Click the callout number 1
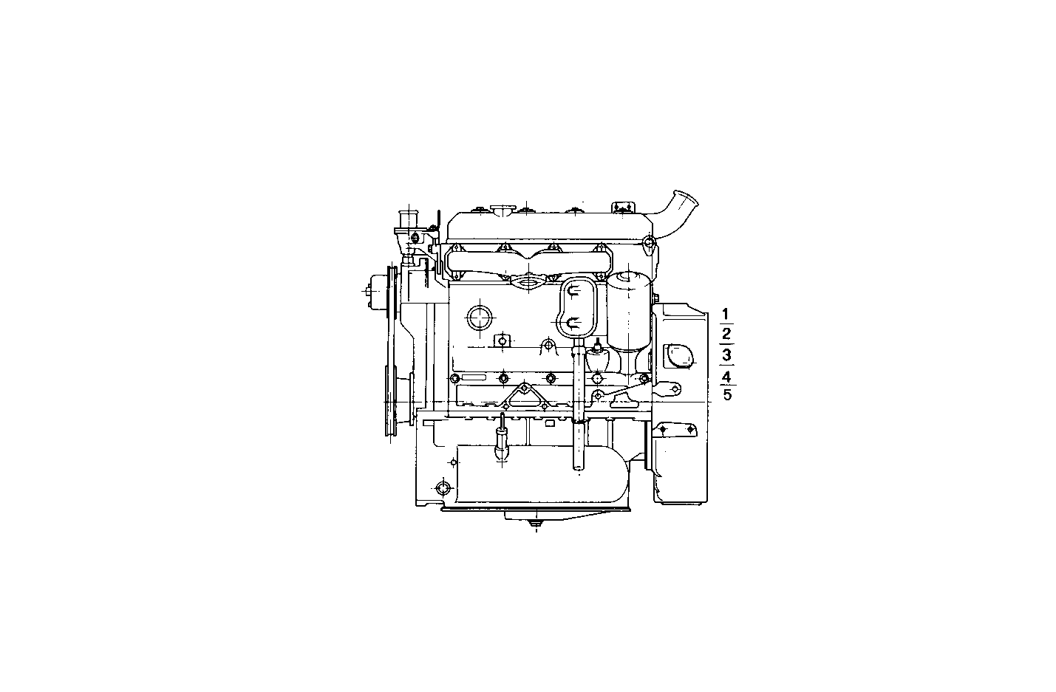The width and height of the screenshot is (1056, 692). point(726,313)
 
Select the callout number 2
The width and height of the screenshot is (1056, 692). point(726,334)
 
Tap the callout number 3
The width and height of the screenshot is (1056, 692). point(726,355)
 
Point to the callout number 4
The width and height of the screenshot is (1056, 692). point(726,376)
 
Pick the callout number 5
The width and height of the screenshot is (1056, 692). point(727,394)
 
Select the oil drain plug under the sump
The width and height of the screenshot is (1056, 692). point(534,526)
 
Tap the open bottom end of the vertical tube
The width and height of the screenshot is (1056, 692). point(579,467)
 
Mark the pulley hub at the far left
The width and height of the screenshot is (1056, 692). point(376,290)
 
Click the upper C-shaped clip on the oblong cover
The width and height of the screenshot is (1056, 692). point(573,292)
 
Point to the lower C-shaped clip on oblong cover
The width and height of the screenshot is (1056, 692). point(573,321)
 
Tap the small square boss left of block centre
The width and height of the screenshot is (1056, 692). point(502,340)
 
